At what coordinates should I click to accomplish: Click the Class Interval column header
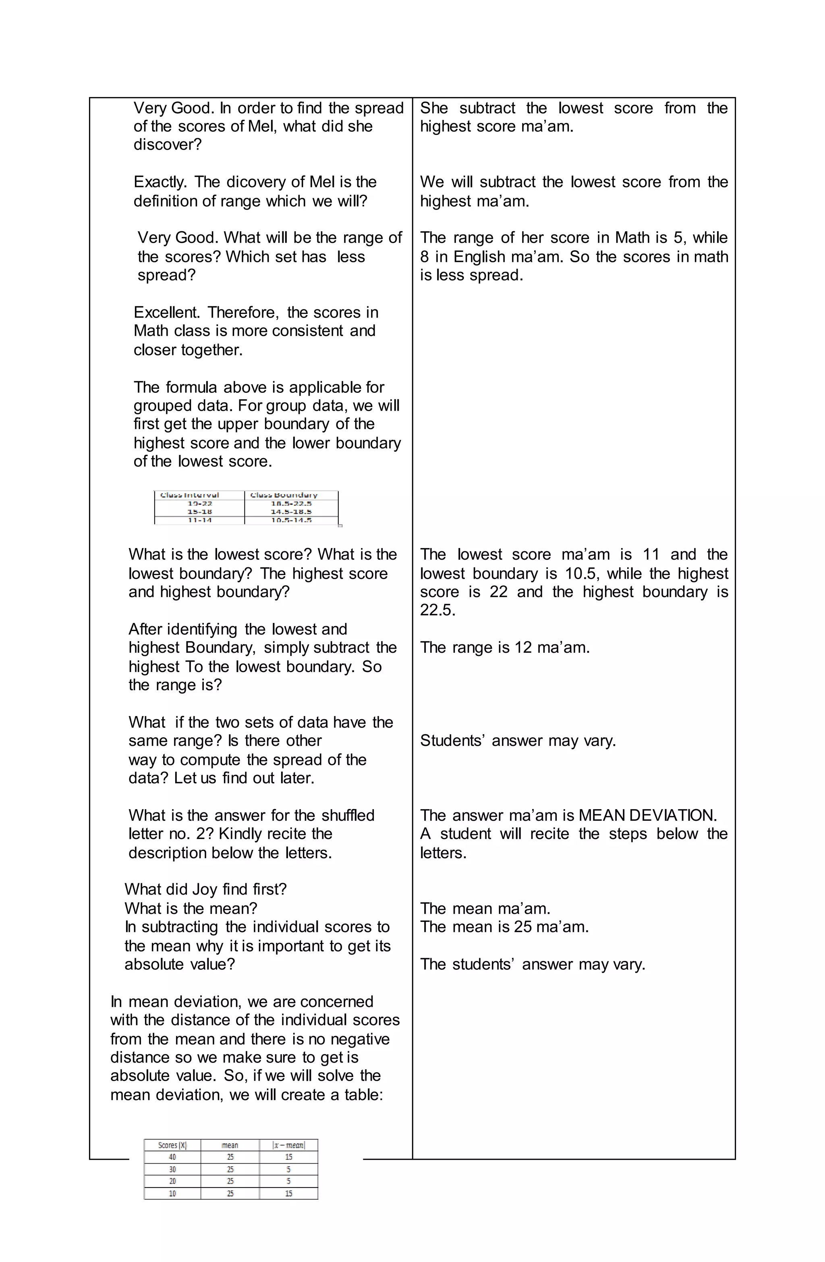coord(189,495)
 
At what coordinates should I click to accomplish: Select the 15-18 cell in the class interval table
coord(199,512)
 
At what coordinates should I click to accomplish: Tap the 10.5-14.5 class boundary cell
coord(291,520)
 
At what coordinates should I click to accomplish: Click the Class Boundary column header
coord(284,495)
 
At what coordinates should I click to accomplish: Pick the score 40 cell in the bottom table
coord(172,1157)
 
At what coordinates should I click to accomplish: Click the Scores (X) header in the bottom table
coord(172,1145)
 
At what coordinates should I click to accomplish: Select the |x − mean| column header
coord(288,1145)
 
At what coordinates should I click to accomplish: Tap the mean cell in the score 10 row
coord(230,1193)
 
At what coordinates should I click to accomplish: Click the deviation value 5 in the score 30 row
coord(288,1169)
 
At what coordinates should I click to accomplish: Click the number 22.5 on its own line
coord(437,610)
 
